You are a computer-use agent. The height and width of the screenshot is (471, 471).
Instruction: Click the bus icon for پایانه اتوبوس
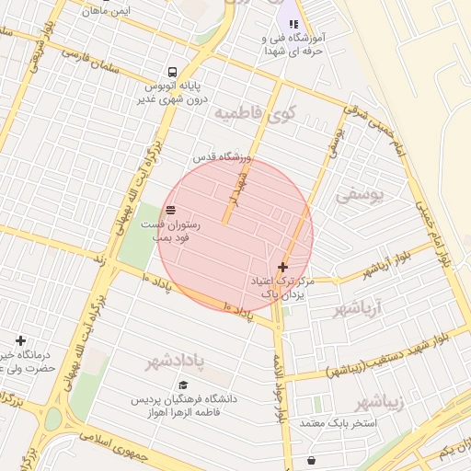[x=172, y=73]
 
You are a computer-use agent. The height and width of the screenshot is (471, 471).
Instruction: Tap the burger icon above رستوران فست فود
[x=170, y=211]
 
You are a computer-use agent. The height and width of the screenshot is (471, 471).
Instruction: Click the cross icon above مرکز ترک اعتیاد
[x=281, y=267]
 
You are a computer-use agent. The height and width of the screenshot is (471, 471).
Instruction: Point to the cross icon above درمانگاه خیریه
[x=20, y=340]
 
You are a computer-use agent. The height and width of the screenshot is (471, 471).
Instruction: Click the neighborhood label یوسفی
[x=355, y=195]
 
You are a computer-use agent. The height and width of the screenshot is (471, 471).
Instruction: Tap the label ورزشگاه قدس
[x=216, y=157]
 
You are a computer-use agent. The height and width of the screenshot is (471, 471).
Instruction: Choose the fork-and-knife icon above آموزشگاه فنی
[x=293, y=24]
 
